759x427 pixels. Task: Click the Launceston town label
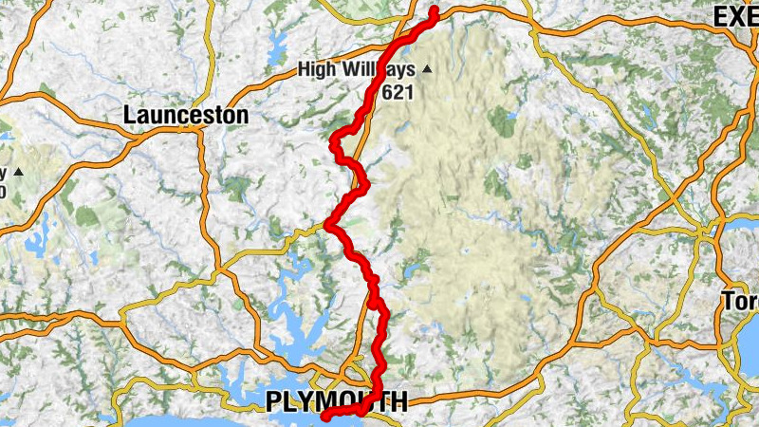pos(186,116)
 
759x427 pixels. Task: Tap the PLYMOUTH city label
pos(337,402)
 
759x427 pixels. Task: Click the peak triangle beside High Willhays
pos(427,68)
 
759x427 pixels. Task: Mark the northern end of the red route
pos(435,10)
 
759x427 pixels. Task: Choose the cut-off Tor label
pos(741,303)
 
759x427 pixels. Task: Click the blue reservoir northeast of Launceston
pos(278,43)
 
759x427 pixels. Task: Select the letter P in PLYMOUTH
pos(273,402)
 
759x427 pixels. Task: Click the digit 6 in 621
pos(389,92)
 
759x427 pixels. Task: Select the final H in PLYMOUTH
pos(398,402)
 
